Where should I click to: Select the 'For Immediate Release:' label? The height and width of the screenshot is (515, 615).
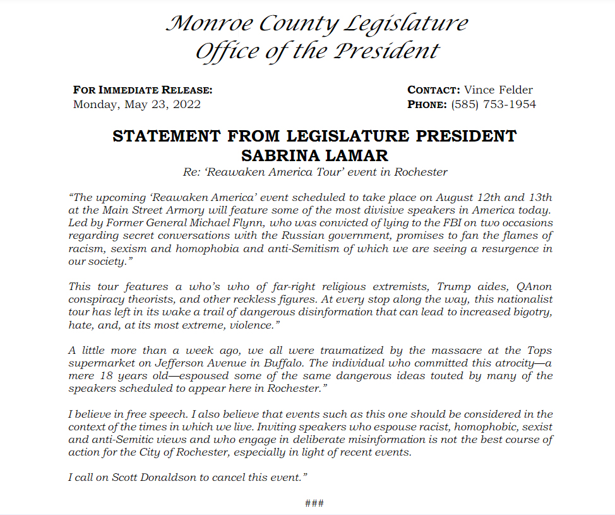pyautogui.click(x=143, y=90)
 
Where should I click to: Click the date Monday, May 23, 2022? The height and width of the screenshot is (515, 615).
pyautogui.click(x=137, y=104)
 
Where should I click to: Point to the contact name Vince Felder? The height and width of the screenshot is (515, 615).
pyautogui.click(x=498, y=90)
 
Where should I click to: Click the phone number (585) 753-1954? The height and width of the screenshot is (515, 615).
pyautogui.click(x=493, y=104)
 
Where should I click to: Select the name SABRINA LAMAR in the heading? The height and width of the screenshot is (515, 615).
pyautogui.click(x=314, y=155)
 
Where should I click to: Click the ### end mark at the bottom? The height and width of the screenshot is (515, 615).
pyautogui.click(x=314, y=503)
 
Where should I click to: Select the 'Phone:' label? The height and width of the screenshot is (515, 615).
pyautogui.click(x=427, y=104)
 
